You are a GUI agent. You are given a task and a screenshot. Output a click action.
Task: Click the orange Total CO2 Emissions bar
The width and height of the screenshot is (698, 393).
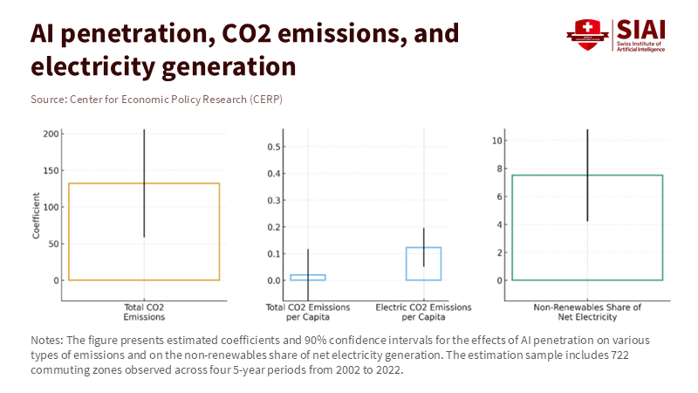coord(144,231)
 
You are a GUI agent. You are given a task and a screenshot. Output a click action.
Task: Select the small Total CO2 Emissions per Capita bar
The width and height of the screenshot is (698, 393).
coord(308,277)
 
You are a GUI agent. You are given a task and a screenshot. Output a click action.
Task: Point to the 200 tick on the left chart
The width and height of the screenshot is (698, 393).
coord(51,134)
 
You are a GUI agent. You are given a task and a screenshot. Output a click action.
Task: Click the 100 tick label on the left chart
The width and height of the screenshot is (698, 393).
coord(51,207)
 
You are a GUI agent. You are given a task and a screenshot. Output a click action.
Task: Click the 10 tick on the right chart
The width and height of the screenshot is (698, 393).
coord(496,141)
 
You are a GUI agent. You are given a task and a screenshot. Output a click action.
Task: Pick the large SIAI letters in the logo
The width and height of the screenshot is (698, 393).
coord(641,28)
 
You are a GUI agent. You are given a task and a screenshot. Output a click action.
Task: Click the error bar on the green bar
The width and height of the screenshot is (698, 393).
coord(587,175)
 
